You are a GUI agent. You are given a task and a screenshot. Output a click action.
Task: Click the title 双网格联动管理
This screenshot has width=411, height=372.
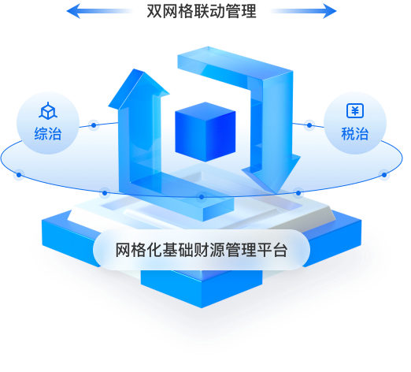(x=202, y=11)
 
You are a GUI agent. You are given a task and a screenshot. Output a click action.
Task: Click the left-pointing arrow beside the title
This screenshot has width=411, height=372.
(x=100, y=11)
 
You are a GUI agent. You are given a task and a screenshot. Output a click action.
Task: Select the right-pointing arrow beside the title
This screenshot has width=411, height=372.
(x=303, y=11)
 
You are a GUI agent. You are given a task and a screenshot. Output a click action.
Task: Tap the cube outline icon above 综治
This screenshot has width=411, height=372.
(x=48, y=111)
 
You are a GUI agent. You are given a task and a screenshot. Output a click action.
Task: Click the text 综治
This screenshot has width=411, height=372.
(x=48, y=133)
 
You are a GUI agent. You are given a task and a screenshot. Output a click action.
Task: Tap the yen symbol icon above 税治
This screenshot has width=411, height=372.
(x=355, y=110)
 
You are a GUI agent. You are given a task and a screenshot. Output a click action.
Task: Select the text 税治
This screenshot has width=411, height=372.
(x=355, y=133)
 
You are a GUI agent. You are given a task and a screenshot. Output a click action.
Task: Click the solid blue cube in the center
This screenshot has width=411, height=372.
(x=205, y=132)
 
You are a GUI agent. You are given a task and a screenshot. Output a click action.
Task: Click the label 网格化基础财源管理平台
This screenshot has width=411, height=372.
(x=202, y=250)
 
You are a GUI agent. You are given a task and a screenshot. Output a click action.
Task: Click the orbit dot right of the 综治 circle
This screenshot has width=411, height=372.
(x=94, y=125)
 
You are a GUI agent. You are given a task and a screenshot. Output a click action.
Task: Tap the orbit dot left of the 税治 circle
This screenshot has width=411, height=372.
(x=309, y=125)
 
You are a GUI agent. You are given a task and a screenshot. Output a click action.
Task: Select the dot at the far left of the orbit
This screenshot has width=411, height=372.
(x=19, y=175)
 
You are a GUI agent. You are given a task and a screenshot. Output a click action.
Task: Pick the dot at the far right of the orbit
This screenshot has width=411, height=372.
(x=384, y=175)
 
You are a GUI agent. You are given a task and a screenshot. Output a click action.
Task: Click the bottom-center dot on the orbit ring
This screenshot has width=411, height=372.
(x=202, y=197)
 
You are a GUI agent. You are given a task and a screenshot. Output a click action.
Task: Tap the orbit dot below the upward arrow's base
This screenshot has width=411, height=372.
(x=105, y=193)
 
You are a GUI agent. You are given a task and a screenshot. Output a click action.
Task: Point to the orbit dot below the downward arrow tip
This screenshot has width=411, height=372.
(x=298, y=193)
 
